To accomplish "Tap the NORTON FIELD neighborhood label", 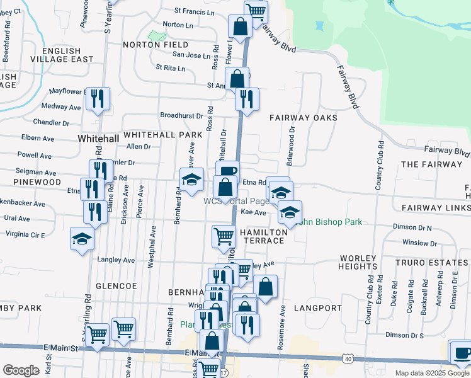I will coord(156,45).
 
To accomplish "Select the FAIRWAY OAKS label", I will coord(304,118).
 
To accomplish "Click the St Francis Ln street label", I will coord(194,11).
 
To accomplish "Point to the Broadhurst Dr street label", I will coord(181,116).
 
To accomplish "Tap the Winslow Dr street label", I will coord(419,243).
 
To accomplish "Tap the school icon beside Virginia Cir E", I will coord(82,239).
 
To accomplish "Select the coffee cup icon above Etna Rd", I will coord(227,171).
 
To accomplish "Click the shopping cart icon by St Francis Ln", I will coord(256,10).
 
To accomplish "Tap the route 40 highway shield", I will coord(348,358).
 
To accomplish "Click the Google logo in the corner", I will coord(21,370).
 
